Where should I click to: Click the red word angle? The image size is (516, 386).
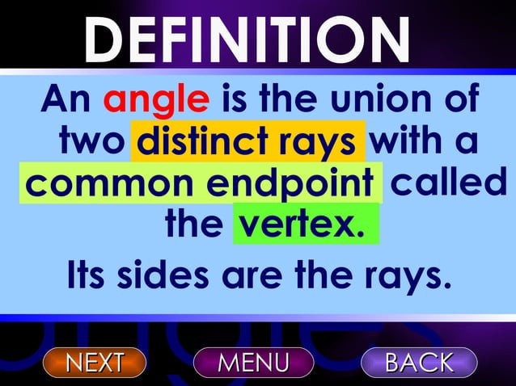click(156, 101)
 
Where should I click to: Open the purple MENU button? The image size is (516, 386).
click(253, 362)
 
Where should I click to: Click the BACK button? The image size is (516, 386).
click(419, 362)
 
